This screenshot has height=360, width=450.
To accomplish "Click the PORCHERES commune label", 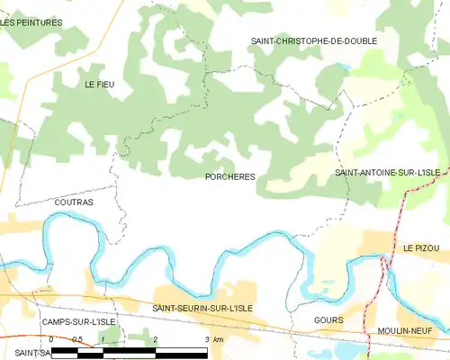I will point(229,177).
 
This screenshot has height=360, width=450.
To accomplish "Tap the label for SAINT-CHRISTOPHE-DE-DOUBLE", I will point(313,41).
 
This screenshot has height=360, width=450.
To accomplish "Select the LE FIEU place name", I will point(100,84).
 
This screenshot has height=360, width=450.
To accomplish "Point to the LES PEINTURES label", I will point(31,22).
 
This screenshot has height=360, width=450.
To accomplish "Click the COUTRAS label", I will point(74,202).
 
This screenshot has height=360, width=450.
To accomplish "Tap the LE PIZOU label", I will point(419,247).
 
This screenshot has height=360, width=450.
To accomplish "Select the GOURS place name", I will point(329,319).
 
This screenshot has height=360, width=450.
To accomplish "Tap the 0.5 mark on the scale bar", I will point(77,338).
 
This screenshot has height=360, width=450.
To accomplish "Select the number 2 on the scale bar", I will point(156,338).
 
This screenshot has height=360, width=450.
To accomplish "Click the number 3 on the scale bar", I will point(207,338).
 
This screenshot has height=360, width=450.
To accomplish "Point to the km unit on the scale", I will point(219,338).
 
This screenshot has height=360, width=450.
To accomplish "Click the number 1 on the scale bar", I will point(103,338).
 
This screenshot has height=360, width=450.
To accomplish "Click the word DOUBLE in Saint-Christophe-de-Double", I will point(358,41).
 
